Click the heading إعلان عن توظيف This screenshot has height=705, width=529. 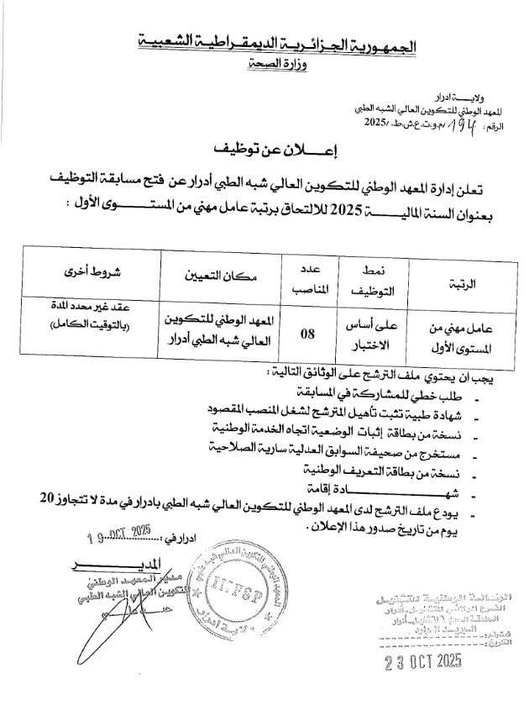(265, 154)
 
